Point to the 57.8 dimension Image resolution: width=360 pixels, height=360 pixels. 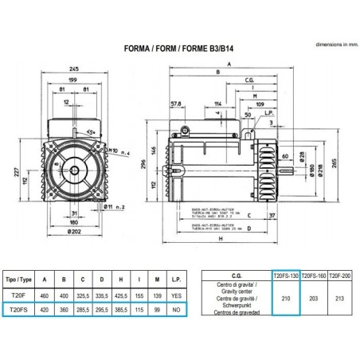(x=178, y=103)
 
